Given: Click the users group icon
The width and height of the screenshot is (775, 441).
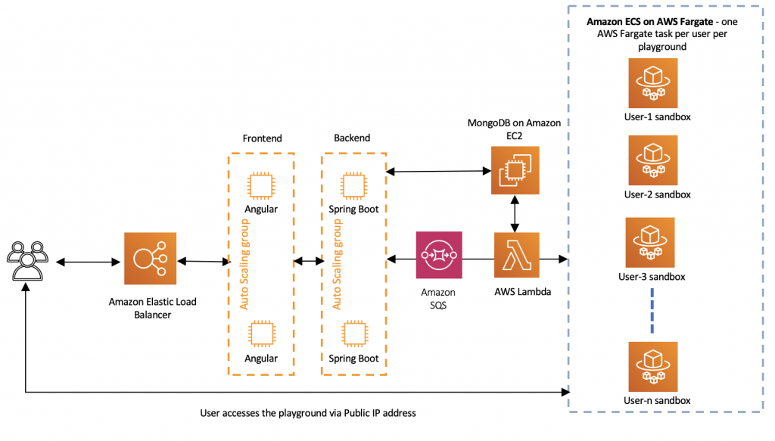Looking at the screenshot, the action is [x=28, y=261].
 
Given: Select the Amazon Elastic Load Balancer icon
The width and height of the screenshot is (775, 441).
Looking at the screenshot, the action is [x=151, y=258].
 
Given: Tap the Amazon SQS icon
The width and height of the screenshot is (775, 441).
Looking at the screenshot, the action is [x=439, y=255].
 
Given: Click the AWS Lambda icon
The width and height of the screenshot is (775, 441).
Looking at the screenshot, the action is [x=516, y=255].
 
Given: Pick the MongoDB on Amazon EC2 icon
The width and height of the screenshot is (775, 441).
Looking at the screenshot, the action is [x=515, y=170].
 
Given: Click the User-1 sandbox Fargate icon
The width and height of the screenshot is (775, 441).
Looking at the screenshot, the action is [x=653, y=83].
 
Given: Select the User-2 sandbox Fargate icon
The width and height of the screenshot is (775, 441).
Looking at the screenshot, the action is [x=653, y=160].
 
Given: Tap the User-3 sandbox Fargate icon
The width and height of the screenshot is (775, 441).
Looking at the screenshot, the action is [x=650, y=243].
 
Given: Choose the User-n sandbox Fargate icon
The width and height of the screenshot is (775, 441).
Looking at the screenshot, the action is [x=653, y=366].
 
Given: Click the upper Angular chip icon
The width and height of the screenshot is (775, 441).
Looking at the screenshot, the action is [x=261, y=185].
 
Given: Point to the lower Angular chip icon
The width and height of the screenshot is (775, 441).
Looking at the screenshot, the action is [x=262, y=334].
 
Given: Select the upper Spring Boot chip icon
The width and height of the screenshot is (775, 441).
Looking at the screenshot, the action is [x=353, y=185].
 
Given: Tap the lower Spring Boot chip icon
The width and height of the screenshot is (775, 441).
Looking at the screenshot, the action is [x=354, y=334].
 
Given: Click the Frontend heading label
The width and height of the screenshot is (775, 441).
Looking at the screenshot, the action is [x=262, y=138].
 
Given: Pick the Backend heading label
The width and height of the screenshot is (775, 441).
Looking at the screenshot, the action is [x=352, y=138].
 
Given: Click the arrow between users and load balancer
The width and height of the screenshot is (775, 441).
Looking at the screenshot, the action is [x=89, y=262].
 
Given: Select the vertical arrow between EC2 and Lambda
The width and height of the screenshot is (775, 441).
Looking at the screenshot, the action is [x=515, y=214].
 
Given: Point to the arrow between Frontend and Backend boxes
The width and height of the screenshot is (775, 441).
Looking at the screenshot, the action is [x=309, y=261].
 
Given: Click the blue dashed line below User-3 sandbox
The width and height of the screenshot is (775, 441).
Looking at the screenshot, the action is [x=652, y=311].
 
